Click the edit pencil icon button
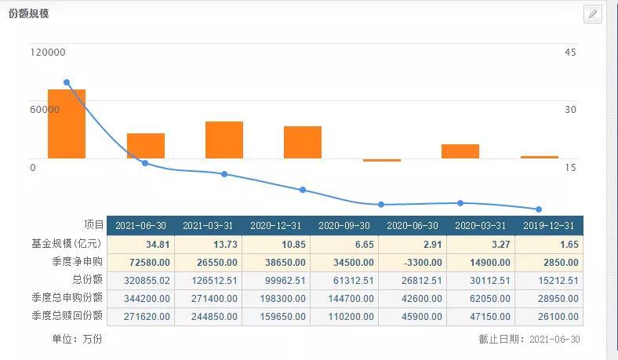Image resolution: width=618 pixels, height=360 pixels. (x=593, y=14)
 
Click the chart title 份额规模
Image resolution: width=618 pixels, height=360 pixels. (x=29, y=14)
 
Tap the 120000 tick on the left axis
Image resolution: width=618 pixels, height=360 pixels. (x=48, y=53)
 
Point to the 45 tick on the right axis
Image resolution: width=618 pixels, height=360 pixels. (x=570, y=53)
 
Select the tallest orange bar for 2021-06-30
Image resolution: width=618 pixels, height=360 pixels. (x=67, y=124)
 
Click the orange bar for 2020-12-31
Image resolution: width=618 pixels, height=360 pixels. (x=224, y=140)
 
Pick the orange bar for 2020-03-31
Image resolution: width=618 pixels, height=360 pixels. (x=460, y=151)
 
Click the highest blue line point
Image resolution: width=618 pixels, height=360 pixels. (x=67, y=82)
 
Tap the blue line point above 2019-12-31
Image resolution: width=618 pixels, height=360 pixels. (x=539, y=209)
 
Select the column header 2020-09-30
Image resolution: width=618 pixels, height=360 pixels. (x=345, y=226)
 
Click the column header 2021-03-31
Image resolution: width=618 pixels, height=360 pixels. (x=209, y=226)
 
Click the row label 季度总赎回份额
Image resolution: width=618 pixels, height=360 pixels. (x=69, y=316)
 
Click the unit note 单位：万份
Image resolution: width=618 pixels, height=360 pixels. (x=76, y=339)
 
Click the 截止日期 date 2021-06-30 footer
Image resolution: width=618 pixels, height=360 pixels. (x=530, y=339)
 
